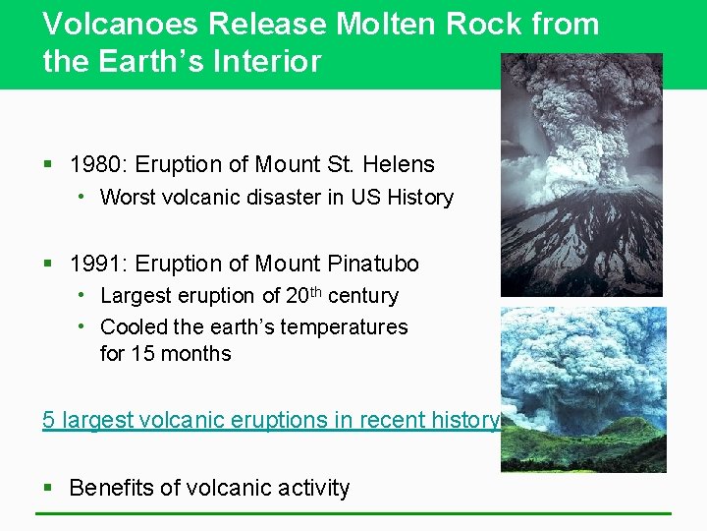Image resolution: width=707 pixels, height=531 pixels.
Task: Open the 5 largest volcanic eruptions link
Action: (271, 420)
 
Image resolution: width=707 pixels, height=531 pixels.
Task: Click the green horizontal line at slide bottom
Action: (353, 513)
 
